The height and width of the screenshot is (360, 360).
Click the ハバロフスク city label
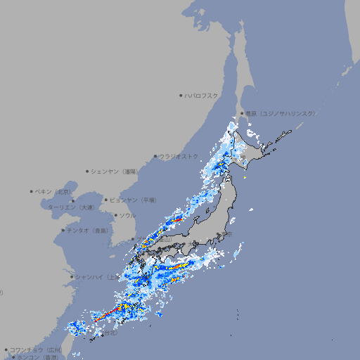tap(202, 96)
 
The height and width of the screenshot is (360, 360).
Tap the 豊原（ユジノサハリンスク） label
tap(281, 113)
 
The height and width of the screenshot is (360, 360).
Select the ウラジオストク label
tap(179, 156)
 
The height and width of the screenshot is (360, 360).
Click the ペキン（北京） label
tap(55, 191)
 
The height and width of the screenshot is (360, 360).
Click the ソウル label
tap(127, 215)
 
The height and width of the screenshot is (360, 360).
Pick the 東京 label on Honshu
tap(226, 235)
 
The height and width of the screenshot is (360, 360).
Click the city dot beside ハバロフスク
tap(181, 96)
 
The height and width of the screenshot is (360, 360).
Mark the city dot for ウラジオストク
tap(155, 156)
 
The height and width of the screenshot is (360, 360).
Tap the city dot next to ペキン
tap(32, 191)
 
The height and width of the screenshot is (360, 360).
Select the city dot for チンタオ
tap(63, 230)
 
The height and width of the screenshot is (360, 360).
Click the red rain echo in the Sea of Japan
tap(178, 219)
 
